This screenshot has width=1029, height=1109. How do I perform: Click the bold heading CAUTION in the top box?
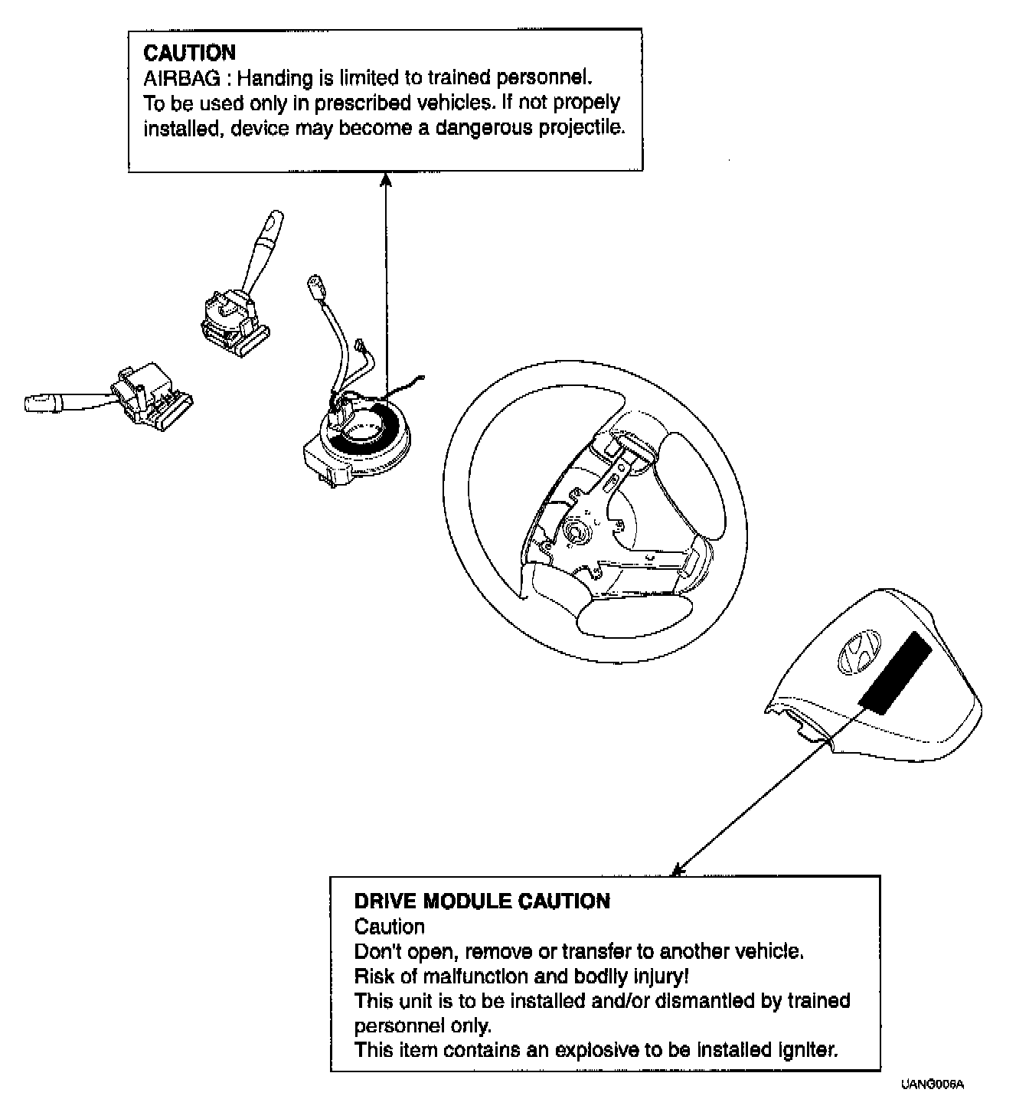click(x=189, y=53)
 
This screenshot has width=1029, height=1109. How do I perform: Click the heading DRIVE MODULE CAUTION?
click(x=482, y=901)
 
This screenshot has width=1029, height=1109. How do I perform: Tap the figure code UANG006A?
click(x=932, y=1084)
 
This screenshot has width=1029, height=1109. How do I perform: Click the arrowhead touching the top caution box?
click(x=386, y=179)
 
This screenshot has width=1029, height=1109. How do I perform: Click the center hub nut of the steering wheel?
click(x=574, y=530)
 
